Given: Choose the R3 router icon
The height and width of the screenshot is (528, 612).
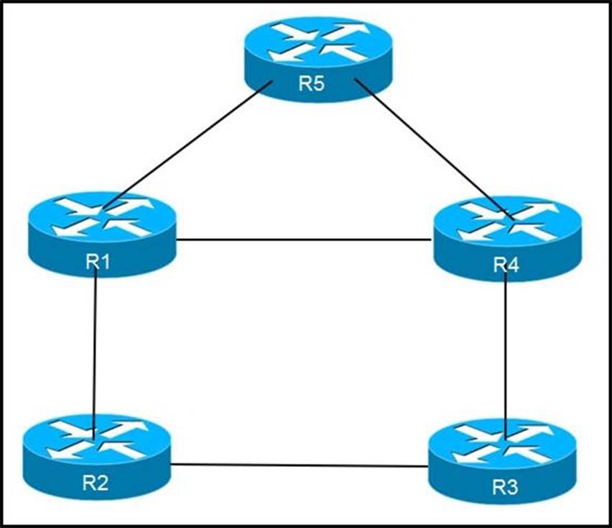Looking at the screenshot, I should coord(503,460).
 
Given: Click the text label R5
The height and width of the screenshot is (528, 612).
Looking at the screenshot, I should coord(312,83).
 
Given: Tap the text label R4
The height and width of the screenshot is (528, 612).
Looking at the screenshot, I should coord(506,265).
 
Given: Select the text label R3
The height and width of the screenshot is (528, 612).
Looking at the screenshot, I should coord(504,487).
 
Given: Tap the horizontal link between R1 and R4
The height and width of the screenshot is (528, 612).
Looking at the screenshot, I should coord(305,240).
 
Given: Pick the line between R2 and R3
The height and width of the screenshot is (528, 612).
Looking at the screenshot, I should coord(298,465).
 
